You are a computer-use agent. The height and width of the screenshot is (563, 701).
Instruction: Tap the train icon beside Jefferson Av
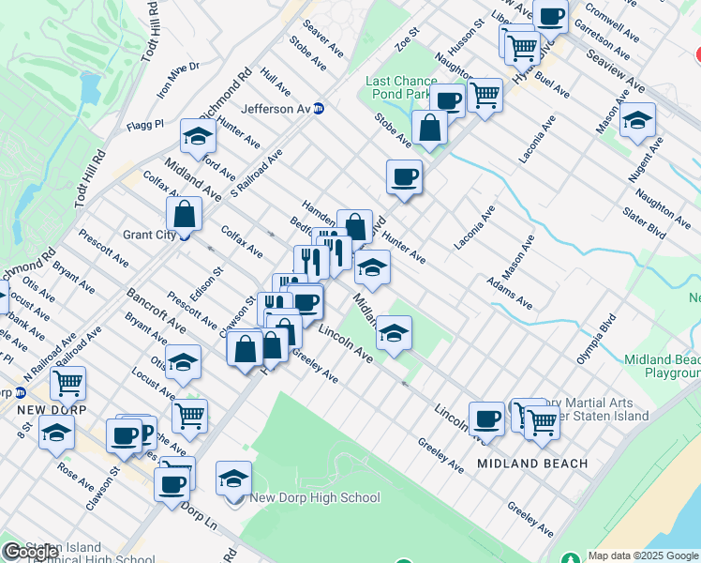319,109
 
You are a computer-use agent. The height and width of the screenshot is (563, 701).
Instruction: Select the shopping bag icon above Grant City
186,213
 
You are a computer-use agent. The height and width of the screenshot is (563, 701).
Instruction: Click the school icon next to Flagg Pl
198,138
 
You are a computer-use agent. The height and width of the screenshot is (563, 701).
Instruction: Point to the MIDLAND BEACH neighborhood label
532,464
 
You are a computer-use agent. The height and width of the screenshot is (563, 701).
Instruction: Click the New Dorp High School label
315,498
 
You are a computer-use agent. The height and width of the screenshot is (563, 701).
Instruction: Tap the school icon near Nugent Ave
637,120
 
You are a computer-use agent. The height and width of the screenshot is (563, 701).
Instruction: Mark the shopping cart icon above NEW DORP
68,382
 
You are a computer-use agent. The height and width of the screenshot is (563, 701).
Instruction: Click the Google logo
30,552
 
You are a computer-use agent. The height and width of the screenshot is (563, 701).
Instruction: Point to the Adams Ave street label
509,292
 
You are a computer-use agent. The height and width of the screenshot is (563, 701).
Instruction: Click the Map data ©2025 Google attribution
643,555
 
